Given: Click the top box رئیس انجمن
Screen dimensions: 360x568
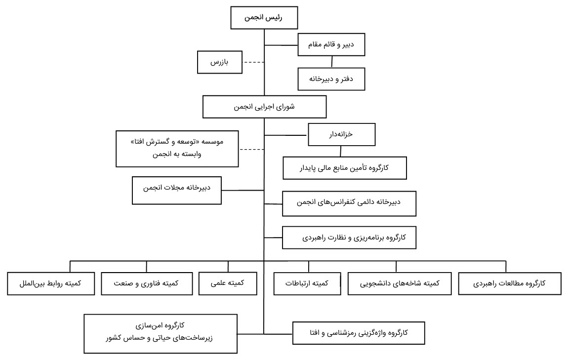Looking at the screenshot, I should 264,18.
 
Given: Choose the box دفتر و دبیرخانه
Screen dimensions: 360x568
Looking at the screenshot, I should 331,79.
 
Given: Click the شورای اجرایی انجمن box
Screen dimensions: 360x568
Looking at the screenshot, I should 264,107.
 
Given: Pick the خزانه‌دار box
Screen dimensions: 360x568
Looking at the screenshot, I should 342,134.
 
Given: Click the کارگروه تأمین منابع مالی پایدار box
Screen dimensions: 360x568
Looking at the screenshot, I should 344,168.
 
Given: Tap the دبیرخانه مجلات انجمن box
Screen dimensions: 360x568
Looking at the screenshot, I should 177,190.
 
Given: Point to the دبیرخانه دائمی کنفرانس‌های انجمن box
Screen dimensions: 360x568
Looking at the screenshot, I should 349,202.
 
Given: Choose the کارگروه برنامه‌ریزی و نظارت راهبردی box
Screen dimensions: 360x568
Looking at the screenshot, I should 349,238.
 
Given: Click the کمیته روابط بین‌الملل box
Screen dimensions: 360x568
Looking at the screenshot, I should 51,283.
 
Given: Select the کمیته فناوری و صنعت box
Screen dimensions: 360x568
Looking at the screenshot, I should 147,283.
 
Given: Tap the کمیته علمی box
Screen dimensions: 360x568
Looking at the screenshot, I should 228,283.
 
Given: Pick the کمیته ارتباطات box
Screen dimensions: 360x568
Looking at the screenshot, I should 308,283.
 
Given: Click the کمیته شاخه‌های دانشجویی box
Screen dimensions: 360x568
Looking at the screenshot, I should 400,283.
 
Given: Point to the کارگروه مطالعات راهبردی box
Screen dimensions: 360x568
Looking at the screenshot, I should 509,283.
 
